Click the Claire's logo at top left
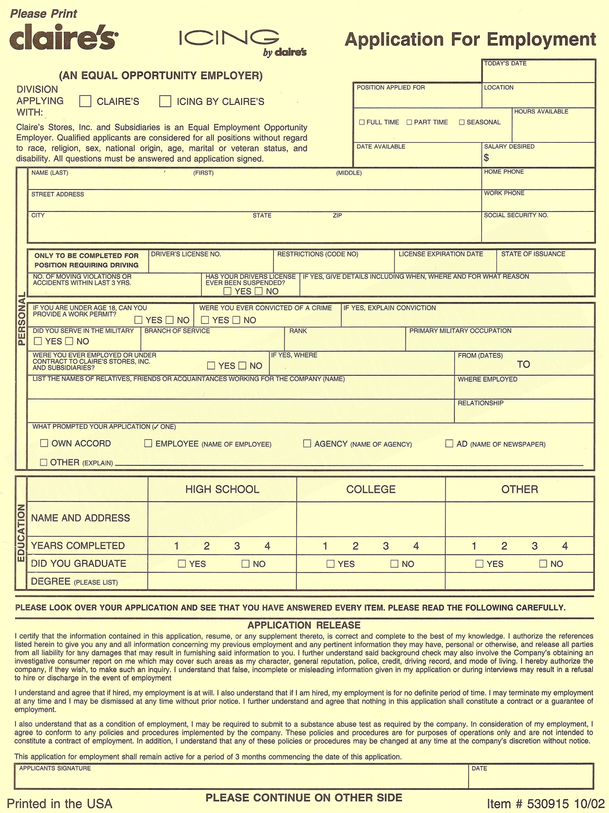tap(64, 38)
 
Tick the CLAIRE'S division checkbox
tap(85, 101)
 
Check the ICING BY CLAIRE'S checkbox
tap(165, 101)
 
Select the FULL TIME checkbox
tap(362, 122)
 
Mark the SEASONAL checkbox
tap(462, 122)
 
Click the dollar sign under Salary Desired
tap(486, 158)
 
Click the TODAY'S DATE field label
tap(505, 64)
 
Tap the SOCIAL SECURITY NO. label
tap(516, 215)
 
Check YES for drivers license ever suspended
tap(228, 291)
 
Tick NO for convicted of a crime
tap(236, 320)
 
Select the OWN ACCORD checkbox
tap(44, 443)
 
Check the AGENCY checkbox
tap(307, 443)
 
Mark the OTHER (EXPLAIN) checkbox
tap(43, 462)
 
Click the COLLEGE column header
tap(371, 489)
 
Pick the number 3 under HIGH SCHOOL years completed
tap(237, 546)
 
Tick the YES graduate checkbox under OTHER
tap(479, 564)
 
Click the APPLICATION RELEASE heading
tap(304, 625)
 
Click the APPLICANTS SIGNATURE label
tap(55, 769)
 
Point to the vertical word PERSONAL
tap(22, 320)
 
